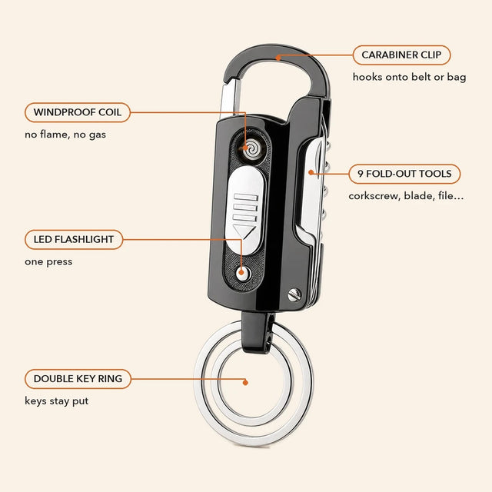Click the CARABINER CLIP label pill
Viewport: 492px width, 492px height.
[x=401, y=55]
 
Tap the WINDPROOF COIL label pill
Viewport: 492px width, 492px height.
[x=78, y=112]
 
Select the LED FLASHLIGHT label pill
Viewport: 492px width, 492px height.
[x=74, y=239]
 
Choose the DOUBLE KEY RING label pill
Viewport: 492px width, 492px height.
[x=78, y=379]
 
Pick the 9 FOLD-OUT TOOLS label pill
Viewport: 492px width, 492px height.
[x=404, y=174]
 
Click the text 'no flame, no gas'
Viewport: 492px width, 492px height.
[x=65, y=135]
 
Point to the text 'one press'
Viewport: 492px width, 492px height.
[x=48, y=261]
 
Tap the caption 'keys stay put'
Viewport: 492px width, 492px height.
[x=56, y=401]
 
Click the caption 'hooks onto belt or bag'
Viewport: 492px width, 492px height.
[x=409, y=77]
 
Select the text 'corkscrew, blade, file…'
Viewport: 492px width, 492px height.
[x=406, y=196]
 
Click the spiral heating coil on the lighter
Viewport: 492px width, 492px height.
[x=251, y=148]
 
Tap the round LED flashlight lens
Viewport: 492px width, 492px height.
[x=243, y=273]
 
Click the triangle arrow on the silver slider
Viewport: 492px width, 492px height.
[x=244, y=231]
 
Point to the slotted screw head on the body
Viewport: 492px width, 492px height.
[x=294, y=294]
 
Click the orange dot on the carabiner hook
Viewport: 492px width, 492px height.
[x=278, y=58]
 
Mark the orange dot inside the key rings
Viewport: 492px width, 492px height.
[x=245, y=382]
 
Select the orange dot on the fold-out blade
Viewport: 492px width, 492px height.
[x=311, y=172]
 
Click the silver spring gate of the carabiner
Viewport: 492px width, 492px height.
[x=230, y=98]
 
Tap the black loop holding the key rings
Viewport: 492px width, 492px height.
[x=256, y=331]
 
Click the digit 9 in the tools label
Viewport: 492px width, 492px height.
[x=361, y=174]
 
